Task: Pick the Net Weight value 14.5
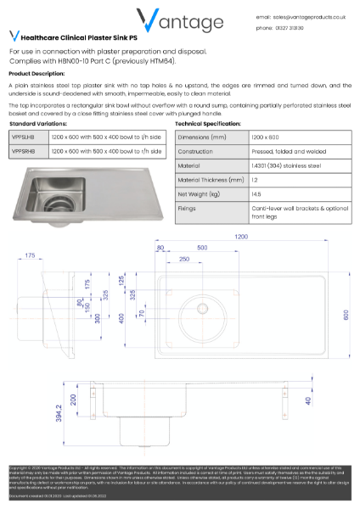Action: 256,194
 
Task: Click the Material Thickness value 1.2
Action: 254,180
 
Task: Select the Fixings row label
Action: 188,208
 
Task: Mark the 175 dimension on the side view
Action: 31,255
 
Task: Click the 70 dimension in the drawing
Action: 141,313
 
